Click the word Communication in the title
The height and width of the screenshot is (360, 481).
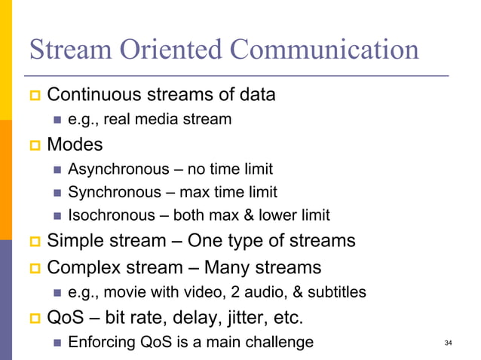tap(324, 50)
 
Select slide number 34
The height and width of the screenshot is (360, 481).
tap(449, 343)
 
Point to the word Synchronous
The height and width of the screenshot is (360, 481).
tap(114, 192)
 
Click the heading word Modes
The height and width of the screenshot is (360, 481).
tap(75, 143)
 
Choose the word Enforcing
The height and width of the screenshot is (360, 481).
tap(100, 343)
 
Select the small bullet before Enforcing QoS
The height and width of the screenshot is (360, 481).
tap(57, 343)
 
